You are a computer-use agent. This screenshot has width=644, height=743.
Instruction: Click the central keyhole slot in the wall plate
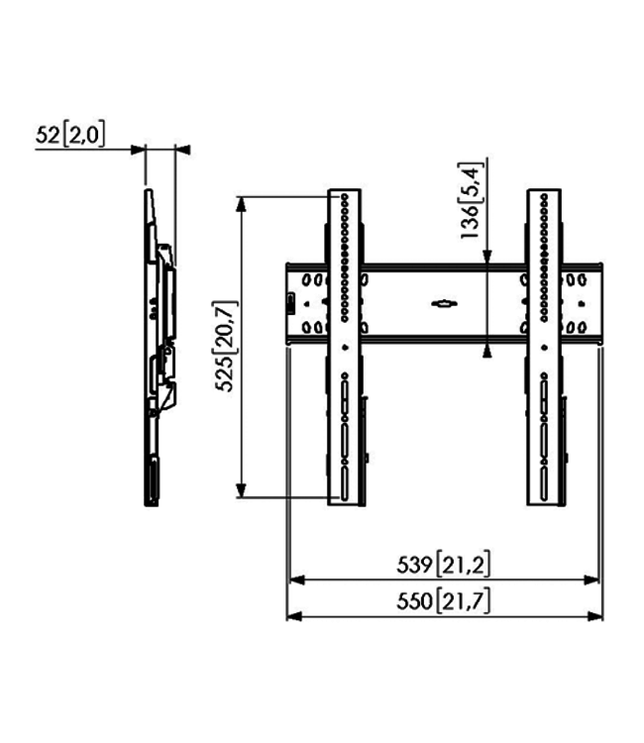point(443,302)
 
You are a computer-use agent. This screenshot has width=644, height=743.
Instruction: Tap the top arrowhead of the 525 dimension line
point(240,203)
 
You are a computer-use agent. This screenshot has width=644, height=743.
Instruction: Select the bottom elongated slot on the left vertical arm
point(344,484)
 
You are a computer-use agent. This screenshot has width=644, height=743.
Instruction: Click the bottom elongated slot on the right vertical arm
point(543,484)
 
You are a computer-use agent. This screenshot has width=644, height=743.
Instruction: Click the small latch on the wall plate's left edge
point(290,304)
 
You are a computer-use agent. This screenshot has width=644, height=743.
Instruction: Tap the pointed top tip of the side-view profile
point(147,190)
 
